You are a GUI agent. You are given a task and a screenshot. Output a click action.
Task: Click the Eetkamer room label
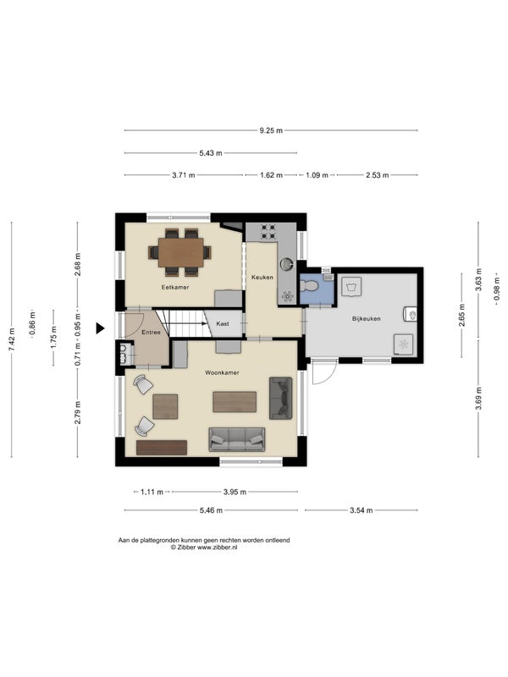(x=175, y=287)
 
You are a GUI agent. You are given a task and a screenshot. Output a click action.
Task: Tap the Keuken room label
(x=262, y=278)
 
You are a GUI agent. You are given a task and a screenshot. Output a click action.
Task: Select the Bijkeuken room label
(x=367, y=319)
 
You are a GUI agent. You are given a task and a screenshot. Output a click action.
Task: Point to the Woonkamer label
(x=222, y=372)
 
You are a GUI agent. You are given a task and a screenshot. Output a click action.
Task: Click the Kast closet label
(x=223, y=323)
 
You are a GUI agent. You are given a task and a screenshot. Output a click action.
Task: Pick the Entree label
(x=151, y=332)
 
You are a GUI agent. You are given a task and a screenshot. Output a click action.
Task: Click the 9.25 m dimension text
(x=271, y=130)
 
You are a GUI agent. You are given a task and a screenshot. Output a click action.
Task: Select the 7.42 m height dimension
(x=12, y=339)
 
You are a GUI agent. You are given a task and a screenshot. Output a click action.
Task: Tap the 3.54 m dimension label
(x=362, y=510)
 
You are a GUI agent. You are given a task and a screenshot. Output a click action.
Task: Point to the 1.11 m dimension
(x=152, y=492)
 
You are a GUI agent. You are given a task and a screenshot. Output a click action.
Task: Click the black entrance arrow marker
(x=100, y=328)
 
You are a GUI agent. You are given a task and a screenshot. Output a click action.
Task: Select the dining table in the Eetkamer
(x=180, y=252)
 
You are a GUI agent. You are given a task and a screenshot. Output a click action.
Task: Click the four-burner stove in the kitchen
(x=268, y=232)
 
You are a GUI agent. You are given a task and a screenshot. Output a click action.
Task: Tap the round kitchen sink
(x=286, y=263)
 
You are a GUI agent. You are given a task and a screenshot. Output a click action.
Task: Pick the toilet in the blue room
(x=309, y=286)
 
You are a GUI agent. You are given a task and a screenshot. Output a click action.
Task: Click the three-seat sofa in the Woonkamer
(x=237, y=439)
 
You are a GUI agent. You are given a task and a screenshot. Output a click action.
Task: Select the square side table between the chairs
(x=165, y=407)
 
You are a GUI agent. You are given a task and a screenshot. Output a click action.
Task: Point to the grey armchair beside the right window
(x=281, y=399)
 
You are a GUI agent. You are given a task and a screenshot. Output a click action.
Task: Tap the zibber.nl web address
(x=218, y=548)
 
